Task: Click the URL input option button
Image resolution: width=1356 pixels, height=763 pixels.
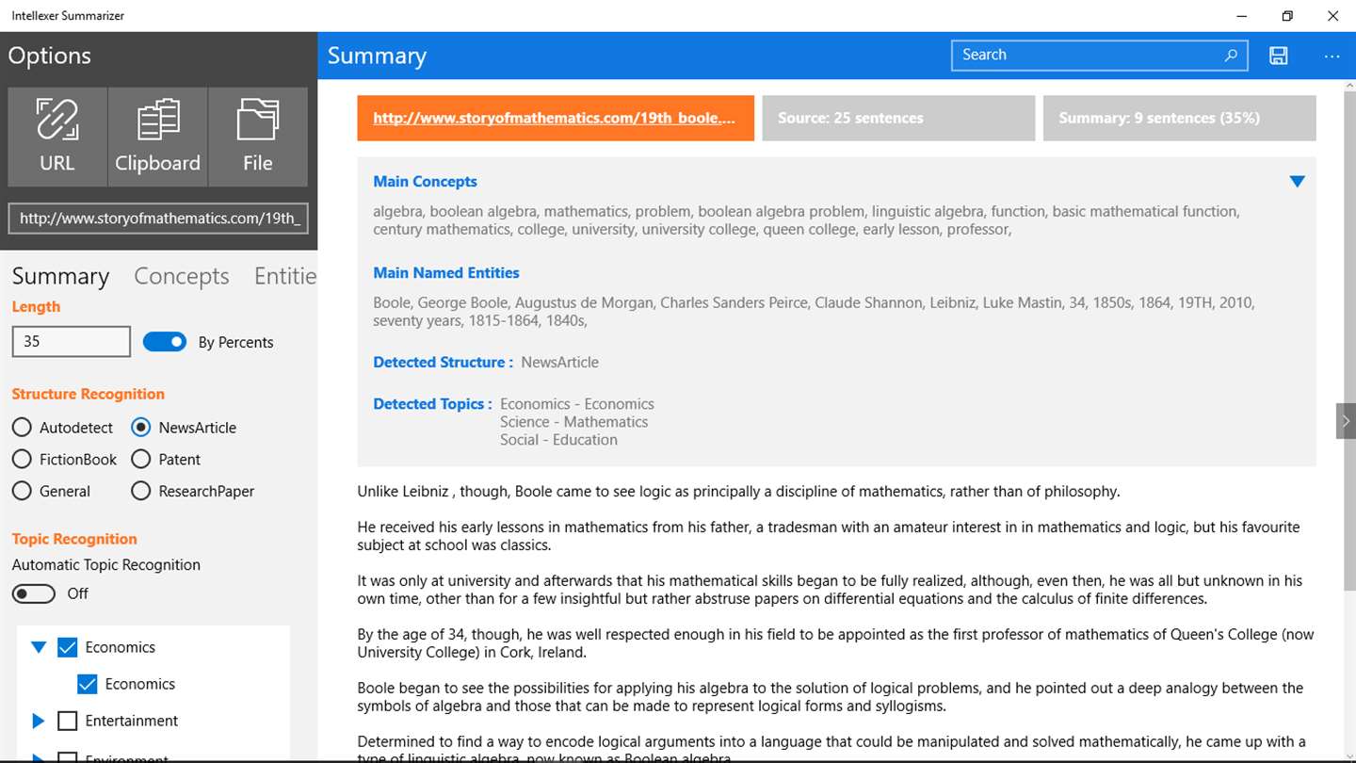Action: coord(57,137)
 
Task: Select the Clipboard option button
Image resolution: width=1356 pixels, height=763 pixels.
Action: coord(157,137)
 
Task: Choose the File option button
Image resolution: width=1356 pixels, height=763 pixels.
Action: coord(257,137)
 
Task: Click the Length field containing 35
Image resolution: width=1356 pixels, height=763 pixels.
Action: coord(71,342)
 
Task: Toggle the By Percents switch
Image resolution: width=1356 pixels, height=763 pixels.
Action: coord(165,342)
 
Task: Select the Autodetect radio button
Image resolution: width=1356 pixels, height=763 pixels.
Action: coord(22,428)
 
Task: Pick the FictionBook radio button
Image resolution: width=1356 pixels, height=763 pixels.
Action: coord(22,460)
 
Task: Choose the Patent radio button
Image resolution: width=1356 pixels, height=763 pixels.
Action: coord(141,460)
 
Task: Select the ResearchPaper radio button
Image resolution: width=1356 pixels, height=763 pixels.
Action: coord(141,492)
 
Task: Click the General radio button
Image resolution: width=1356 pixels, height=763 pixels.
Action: coord(22,492)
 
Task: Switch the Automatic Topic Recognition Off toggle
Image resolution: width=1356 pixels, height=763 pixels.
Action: coord(34,593)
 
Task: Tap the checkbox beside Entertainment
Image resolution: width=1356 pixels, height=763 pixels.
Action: coord(67,722)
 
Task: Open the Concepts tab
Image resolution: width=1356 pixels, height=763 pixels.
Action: coord(182,276)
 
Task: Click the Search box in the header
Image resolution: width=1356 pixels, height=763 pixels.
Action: coord(1088,56)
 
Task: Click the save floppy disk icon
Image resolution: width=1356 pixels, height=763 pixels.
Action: coord(1278,56)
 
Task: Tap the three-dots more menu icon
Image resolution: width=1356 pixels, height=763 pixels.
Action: coord(1332,57)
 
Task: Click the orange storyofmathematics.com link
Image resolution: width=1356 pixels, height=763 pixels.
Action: coord(554,119)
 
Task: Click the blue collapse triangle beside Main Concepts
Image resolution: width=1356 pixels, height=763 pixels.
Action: coord(1297,182)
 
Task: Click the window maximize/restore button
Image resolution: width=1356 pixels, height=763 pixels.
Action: coord(1287,16)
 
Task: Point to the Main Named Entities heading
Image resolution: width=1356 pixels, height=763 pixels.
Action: coord(446,273)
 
